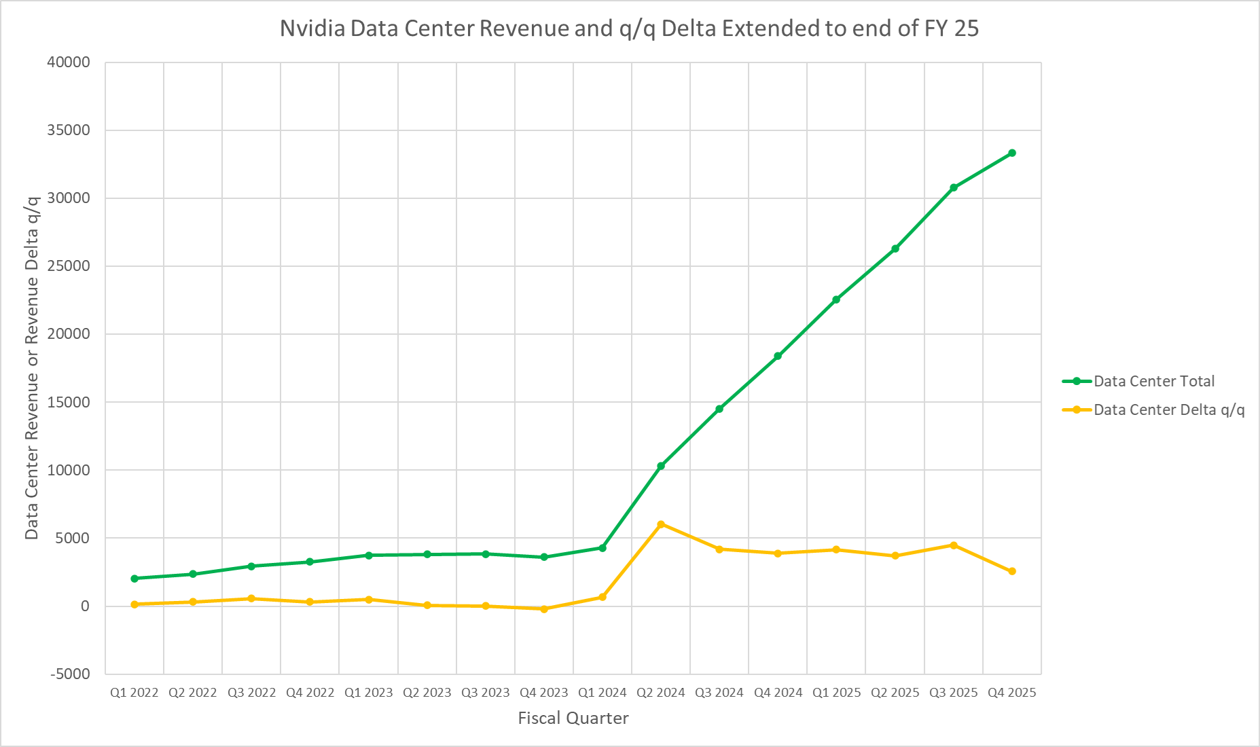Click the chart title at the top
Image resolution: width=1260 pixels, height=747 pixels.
coord(629,29)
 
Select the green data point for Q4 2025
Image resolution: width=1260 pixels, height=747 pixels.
coord(1012,153)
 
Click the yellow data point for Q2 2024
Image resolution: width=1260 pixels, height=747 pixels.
coord(661,524)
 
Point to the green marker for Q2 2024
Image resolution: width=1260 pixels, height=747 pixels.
coord(661,466)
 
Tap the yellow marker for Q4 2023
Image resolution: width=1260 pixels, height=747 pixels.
coord(544,609)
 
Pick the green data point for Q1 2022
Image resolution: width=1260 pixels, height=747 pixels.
coord(134,579)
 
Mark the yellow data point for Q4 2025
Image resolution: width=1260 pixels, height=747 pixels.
coord(1012,571)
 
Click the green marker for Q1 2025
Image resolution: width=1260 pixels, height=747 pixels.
coord(836,299)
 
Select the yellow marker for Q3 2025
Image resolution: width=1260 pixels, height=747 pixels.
coord(954,545)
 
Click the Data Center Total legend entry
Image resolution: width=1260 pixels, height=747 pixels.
coord(1153,381)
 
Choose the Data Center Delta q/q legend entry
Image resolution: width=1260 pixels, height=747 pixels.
coord(1168,409)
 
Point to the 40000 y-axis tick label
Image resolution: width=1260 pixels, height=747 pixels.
coord(69,62)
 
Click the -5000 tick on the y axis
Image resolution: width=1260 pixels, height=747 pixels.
coord(70,674)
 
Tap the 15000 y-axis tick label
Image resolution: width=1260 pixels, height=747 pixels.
coord(69,402)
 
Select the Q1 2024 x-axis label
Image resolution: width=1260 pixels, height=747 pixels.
coord(602,693)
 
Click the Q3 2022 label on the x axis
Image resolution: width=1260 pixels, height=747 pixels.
coord(251,693)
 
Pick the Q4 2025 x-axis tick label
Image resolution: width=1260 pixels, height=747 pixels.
coord(1012,693)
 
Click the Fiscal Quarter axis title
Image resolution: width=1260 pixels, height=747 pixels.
coord(573,718)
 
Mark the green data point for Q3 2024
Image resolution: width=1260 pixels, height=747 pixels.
coord(719,409)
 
